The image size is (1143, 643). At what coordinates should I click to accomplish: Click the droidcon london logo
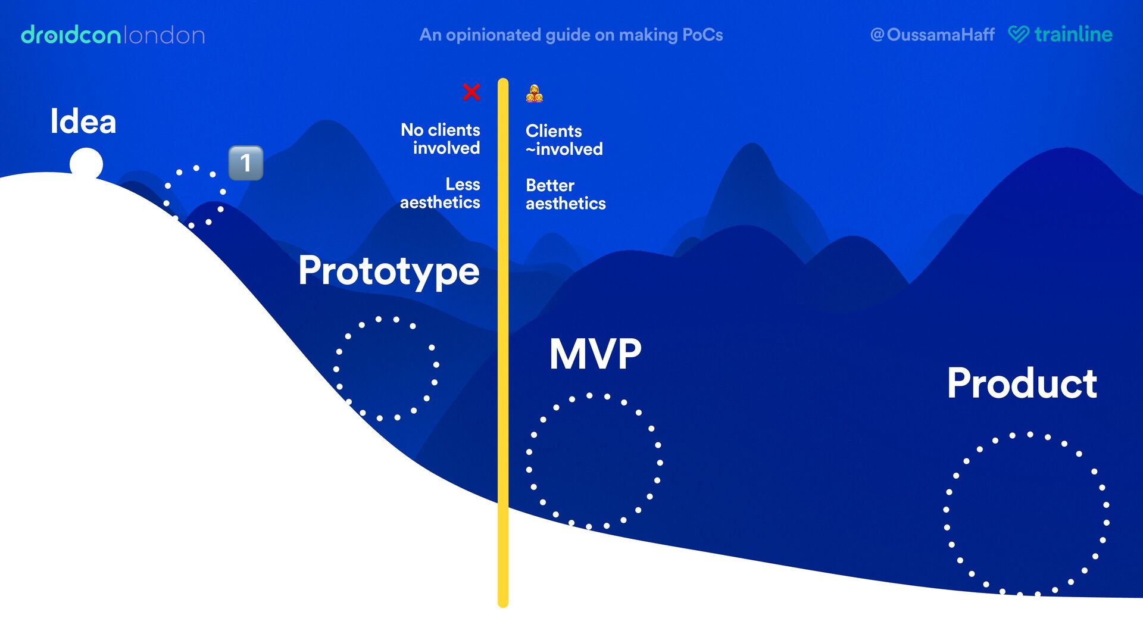point(113,35)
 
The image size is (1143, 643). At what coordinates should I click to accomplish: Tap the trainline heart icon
point(1019,34)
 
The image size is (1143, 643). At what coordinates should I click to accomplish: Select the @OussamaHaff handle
point(932,35)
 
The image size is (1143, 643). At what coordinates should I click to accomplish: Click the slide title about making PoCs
point(571,35)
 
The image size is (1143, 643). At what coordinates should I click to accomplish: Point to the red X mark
point(471,92)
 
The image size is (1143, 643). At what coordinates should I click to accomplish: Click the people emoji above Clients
point(534,93)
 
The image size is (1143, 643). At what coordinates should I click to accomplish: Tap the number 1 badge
point(246,163)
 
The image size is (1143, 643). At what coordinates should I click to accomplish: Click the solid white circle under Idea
point(86,164)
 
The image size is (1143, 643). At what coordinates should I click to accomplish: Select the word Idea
point(83,121)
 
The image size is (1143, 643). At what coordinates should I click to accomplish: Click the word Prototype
point(389,271)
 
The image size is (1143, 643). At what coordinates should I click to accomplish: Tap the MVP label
point(595,354)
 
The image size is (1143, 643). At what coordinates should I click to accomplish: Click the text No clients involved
point(441,139)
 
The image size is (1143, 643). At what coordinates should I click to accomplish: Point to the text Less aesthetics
point(441,193)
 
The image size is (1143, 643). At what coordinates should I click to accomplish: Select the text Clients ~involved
point(564,140)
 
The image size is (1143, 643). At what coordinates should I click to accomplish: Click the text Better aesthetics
point(566,194)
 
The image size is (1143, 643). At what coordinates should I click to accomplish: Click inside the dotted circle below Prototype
point(386,369)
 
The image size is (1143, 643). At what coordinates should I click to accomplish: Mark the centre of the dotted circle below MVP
point(594,461)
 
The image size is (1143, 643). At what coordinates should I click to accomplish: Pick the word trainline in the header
point(1073,34)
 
